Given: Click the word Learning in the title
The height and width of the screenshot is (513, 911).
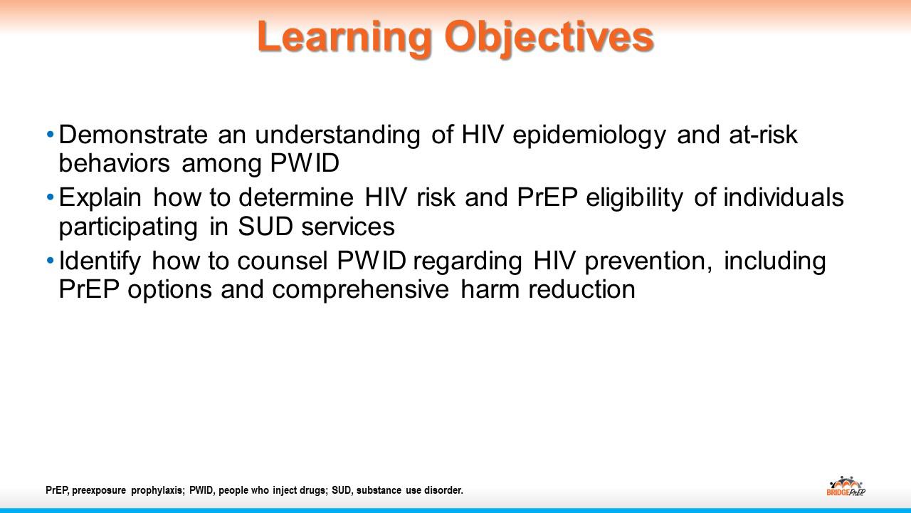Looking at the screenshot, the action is tap(344, 38).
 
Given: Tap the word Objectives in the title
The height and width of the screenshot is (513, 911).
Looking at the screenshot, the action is tap(549, 38).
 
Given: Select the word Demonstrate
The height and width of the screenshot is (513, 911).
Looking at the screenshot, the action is tap(133, 135).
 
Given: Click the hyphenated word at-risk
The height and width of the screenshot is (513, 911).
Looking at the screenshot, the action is tap(763, 135).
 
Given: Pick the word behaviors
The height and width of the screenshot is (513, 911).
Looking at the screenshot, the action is tap(115, 163).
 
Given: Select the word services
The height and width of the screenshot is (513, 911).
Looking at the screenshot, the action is tap(348, 227).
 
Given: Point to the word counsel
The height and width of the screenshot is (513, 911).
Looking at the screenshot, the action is tap(283, 261).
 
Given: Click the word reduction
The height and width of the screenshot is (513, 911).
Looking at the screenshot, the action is tap(581, 289).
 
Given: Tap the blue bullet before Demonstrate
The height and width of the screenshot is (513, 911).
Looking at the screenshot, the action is tap(51, 134).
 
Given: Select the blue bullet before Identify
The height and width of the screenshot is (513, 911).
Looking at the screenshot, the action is tap(51, 260).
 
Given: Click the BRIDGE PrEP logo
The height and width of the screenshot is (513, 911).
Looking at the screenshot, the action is tap(846, 486).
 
